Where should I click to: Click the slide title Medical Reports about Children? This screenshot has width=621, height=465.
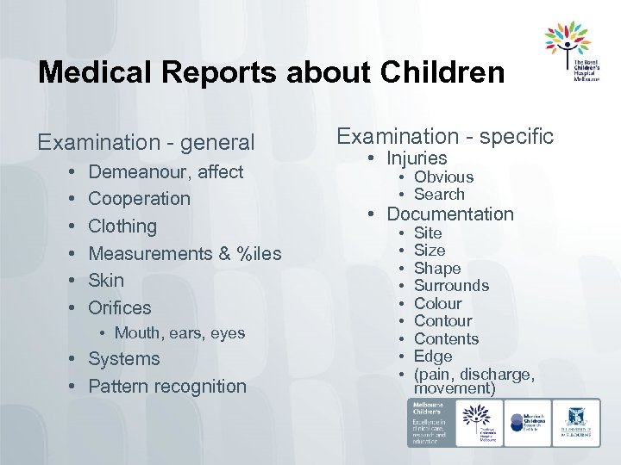point(271,72)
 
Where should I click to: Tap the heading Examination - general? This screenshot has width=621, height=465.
point(146,141)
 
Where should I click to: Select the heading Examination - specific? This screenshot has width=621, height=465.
point(444,135)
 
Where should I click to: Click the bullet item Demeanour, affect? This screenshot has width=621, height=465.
point(166,171)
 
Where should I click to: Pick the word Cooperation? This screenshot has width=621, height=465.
point(139,198)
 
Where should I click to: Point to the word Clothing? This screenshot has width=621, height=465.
point(122,226)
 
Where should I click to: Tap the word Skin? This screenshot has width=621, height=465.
point(106,280)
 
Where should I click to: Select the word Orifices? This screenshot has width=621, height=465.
point(119,307)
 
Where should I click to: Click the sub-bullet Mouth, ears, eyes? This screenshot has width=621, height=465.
point(179,332)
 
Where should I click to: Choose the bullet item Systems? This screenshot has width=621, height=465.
point(124,358)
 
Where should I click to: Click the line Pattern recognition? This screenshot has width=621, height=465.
point(167,386)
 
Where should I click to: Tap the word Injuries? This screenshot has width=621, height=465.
point(417,158)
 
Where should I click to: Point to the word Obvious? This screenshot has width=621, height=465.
point(443,177)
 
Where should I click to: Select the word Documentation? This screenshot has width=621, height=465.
point(449,214)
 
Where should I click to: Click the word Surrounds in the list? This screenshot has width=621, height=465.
point(451,285)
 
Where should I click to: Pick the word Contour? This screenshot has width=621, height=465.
point(442,320)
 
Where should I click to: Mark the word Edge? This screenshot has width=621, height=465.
point(433,356)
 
